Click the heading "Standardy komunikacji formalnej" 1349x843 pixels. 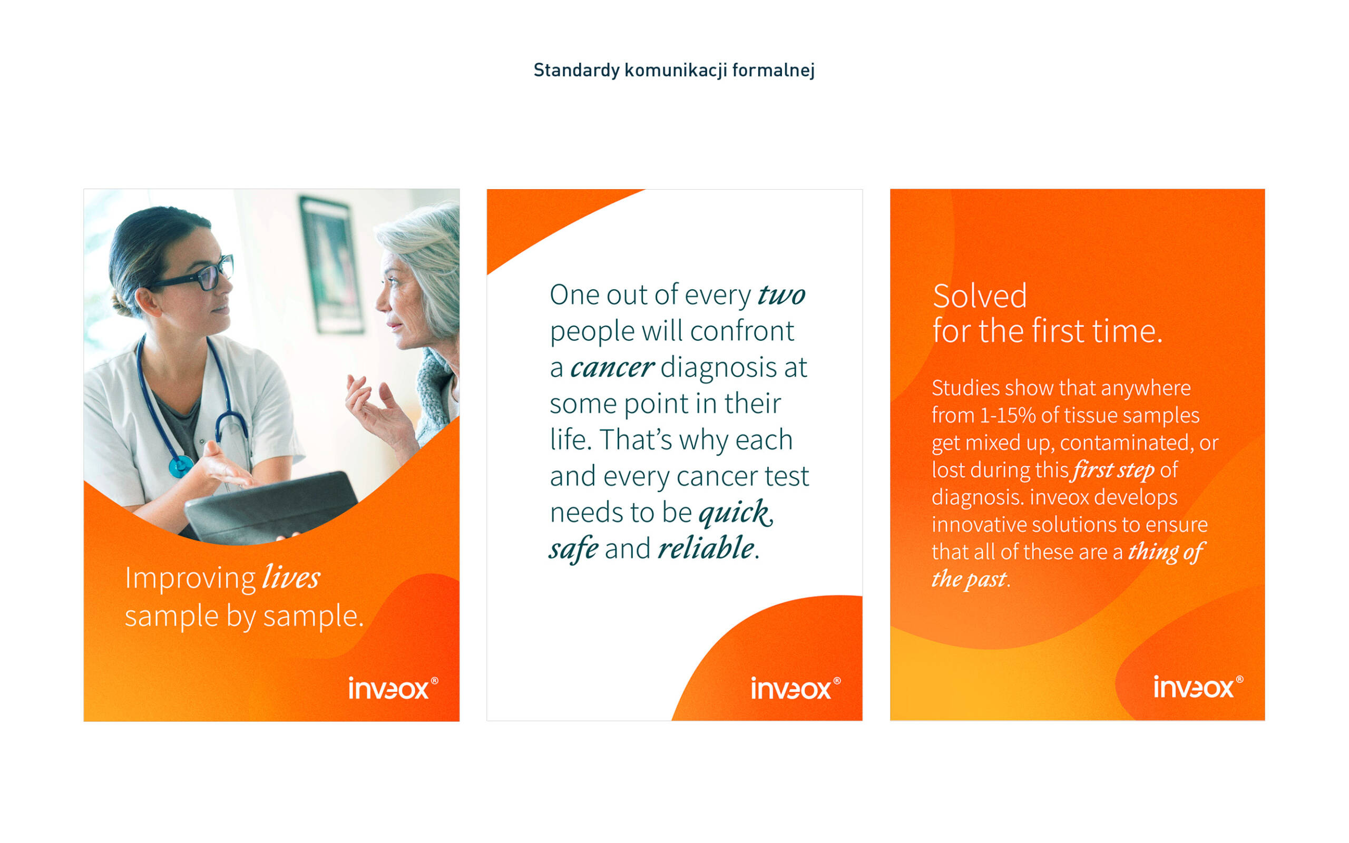[x=674, y=71]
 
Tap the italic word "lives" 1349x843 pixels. [x=291, y=577]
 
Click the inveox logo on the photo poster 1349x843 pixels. [x=393, y=688]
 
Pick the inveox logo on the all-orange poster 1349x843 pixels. [x=1198, y=687]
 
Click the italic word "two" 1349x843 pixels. [x=781, y=295]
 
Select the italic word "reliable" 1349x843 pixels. [x=706, y=548]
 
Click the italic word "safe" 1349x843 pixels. [x=574, y=548]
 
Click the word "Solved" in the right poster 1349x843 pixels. [x=980, y=296]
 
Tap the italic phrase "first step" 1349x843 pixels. [x=1112, y=470]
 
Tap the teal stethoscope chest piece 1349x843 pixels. [x=181, y=466]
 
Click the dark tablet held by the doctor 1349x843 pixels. [x=271, y=508]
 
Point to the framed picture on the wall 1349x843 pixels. [x=331, y=265]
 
